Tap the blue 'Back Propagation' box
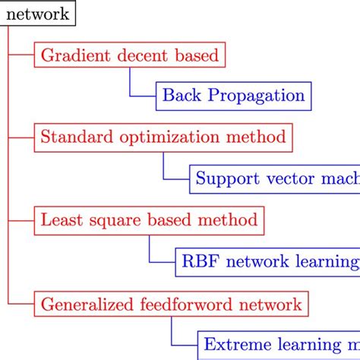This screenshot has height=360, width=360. pos(234,96)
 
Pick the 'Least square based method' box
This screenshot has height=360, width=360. pos(149,221)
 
